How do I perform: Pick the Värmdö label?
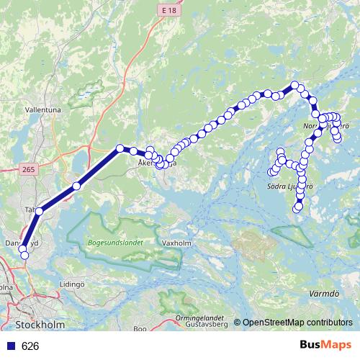[324, 294]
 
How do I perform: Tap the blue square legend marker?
[10, 346]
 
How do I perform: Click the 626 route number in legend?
[31, 346]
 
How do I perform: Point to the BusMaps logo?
[325, 346]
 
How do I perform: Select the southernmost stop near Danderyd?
[23, 255]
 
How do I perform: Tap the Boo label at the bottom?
[140, 329]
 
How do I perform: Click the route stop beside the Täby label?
[40, 211]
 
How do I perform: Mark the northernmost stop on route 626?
[294, 86]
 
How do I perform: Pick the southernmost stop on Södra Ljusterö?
[297, 208]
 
